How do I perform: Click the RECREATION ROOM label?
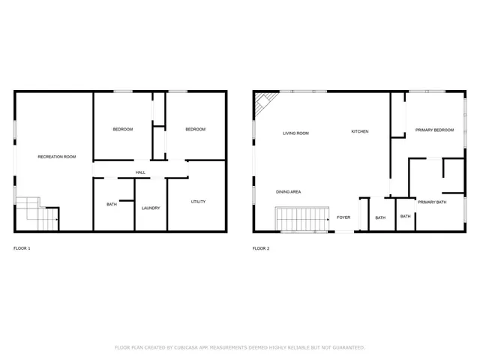tap(57, 157)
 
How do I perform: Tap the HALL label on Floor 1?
tap(140, 172)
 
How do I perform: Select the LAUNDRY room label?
tap(151, 208)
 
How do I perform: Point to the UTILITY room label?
tap(198, 201)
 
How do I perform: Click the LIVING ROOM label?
tap(295, 133)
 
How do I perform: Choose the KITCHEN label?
tap(360, 131)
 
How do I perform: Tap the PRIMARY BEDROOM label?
tap(434, 130)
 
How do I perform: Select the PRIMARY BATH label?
tap(432, 202)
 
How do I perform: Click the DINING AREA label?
tap(288, 192)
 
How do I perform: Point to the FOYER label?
tap(343, 217)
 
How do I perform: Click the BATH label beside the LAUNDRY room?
tap(112, 204)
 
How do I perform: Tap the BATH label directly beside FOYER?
tap(380, 217)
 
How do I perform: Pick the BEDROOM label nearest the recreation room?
tap(123, 129)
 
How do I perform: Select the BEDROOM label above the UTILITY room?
tap(195, 129)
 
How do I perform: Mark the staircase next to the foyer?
tap(303, 220)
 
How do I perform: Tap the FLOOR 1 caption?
tap(22, 248)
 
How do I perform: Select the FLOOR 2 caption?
tap(261, 248)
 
